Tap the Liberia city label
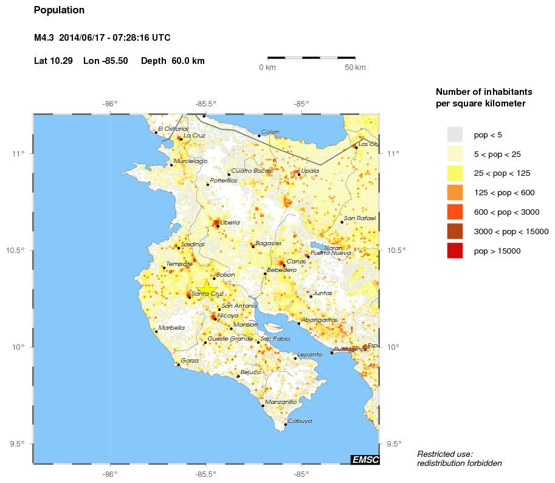230,223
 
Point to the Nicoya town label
228,316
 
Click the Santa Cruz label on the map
208,294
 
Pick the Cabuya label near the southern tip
300,421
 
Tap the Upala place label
310,171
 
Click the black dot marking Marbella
156,332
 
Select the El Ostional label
173,128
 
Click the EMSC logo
365,460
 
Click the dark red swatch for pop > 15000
455,251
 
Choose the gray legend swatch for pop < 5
455,134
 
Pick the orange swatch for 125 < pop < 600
455,192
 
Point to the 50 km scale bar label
355,68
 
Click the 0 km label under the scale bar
267,68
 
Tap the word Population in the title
59,10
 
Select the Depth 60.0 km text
173,61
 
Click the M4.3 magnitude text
44,38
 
